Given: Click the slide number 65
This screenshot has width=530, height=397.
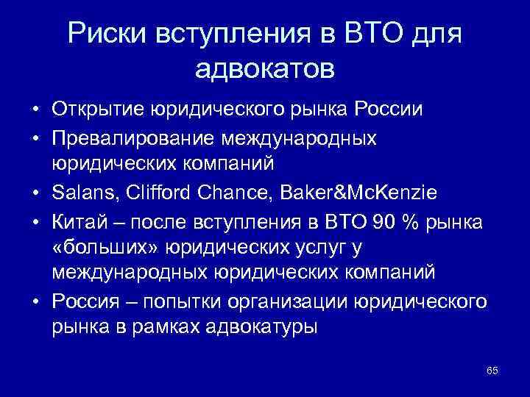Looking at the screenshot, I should (492, 370).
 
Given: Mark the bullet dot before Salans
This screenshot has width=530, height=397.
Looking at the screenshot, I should (35, 193).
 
